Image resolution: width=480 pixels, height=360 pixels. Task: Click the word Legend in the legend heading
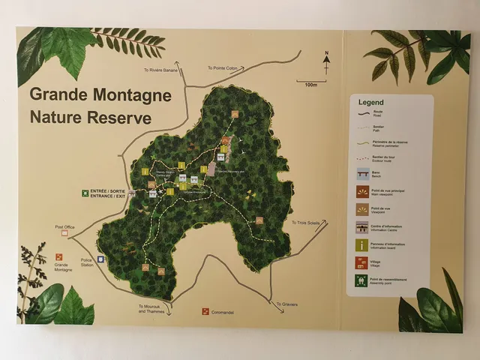pyautogui.click(x=370, y=102)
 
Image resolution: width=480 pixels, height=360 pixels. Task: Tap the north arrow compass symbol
pyautogui.click(x=326, y=63)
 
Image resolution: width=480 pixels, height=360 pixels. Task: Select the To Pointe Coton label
pyautogui.click(x=221, y=67)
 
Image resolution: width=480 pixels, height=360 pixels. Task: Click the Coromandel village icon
pyautogui.click(x=205, y=311)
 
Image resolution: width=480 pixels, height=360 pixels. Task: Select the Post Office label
pyautogui.click(x=65, y=226)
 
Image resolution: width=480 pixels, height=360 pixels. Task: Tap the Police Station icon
pyautogui.click(x=100, y=259)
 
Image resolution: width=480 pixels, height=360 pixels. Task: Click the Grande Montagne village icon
pyautogui.click(x=59, y=257)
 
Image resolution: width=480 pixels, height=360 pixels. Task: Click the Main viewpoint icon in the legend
pyautogui.click(x=362, y=191)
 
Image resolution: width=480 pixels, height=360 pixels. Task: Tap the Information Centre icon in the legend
pyautogui.click(x=362, y=227)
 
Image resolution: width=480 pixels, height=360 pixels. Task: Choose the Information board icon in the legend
pyautogui.click(x=362, y=245)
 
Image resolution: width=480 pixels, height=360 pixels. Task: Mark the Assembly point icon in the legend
pyautogui.click(x=362, y=281)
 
